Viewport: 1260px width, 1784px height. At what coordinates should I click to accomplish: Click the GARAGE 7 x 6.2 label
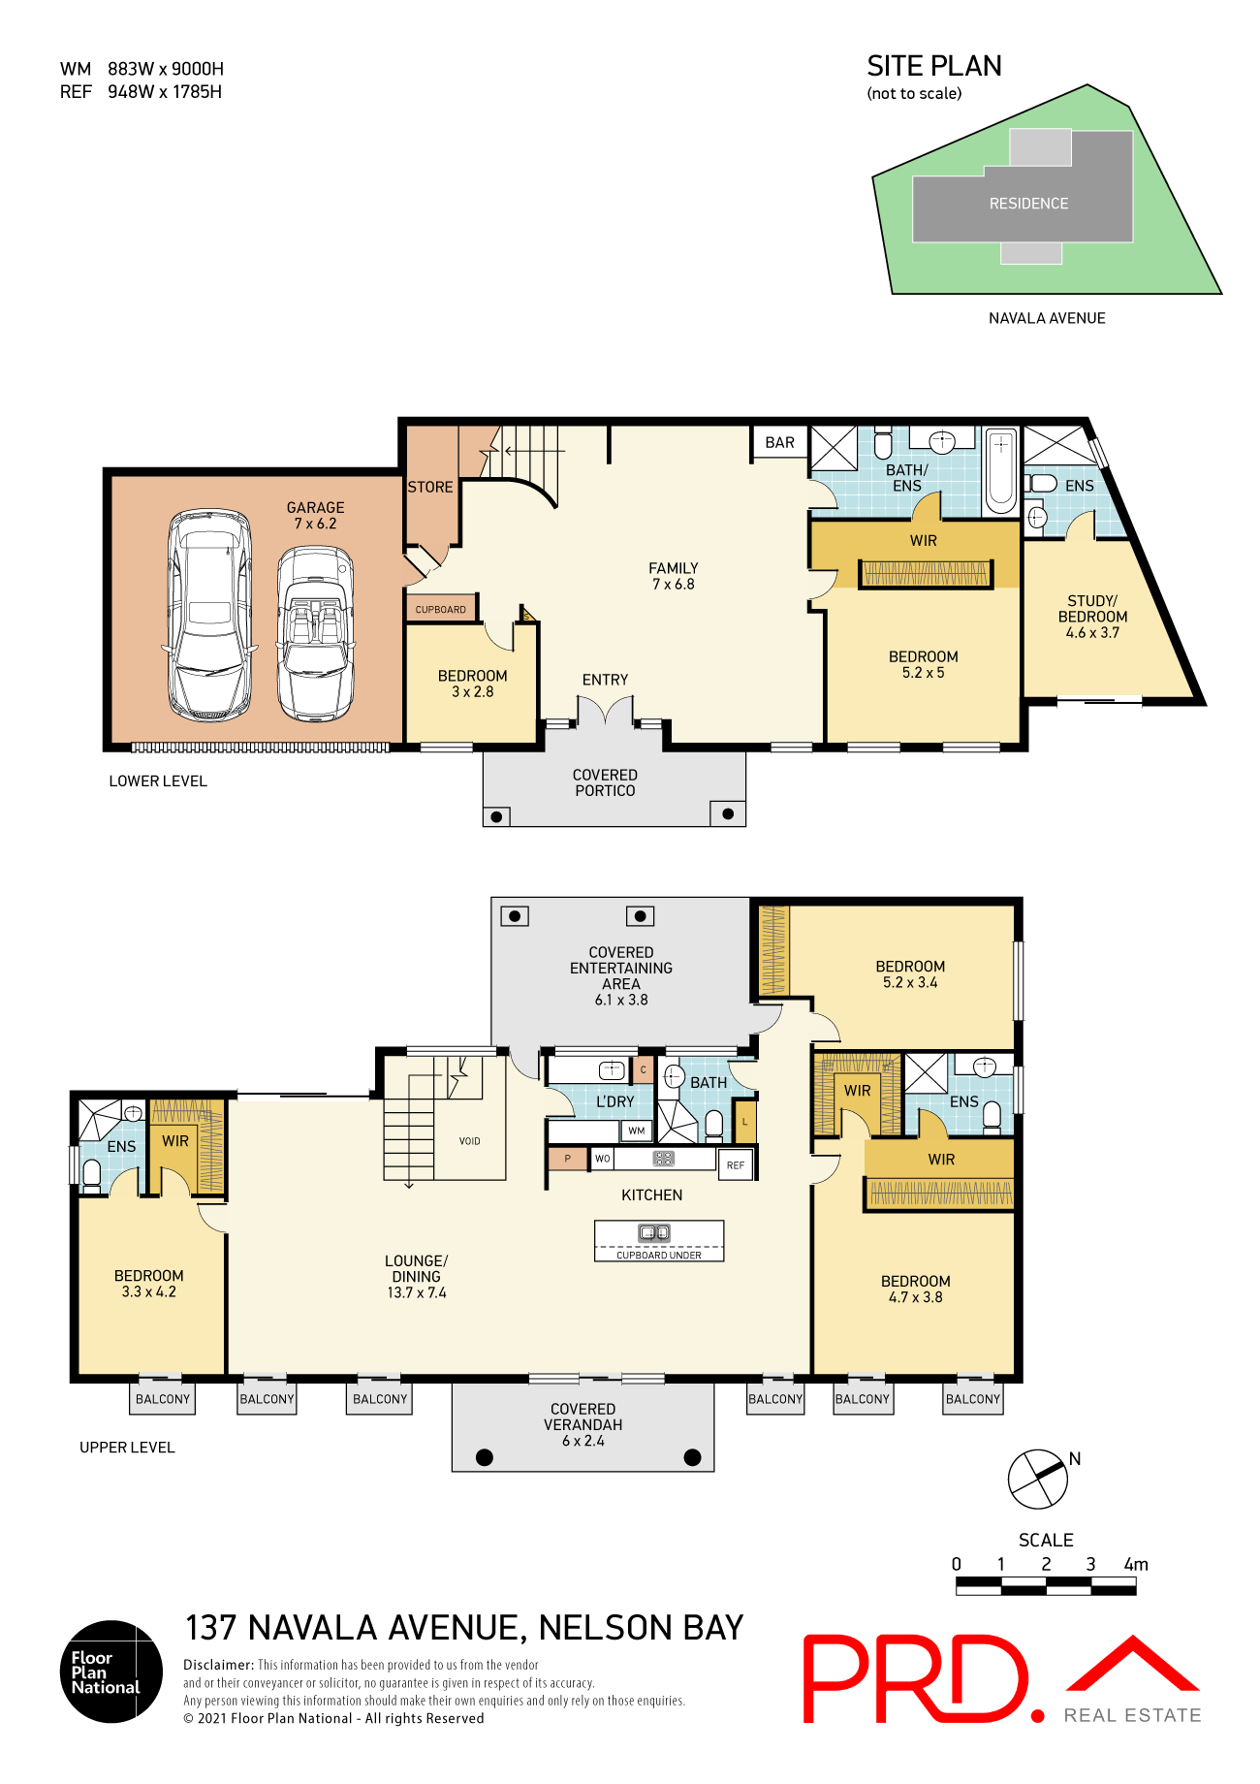pyautogui.click(x=315, y=515)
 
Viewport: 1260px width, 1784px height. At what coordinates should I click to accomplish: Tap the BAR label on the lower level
pyautogui.click(x=779, y=442)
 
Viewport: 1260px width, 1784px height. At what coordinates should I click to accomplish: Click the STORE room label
pyautogui.click(x=429, y=487)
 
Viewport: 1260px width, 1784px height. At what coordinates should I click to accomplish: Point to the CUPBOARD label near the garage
pyautogui.click(x=441, y=609)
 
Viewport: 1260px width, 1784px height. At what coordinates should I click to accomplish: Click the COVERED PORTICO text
pyautogui.click(x=605, y=782)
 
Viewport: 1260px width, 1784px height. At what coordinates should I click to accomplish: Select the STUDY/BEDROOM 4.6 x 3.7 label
pyautogui.click(x=1092, y=617)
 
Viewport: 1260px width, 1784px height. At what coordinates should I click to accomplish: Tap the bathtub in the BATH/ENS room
pyautogui.click(x=1000, y=472)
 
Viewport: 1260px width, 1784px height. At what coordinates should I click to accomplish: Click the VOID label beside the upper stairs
pyautogui.click(x=470, y=1141)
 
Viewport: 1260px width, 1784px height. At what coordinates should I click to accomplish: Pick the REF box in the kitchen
pyautogui.click(x=736, y=1164)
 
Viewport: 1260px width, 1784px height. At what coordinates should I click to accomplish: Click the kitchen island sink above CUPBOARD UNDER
pyautogui.click(x=654, y=1233)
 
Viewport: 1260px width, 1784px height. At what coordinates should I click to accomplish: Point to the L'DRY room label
pyautogui.click(x=614, y=1101)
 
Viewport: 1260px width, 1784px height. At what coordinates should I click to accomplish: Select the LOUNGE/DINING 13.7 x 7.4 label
pyautogui.click(x=417, y=1276)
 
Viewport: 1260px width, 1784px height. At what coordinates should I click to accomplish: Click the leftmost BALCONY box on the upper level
pyautogui.click(x=163, y=1399)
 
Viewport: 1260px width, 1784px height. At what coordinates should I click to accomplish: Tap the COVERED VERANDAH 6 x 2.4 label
pyautogui.click(x=583, y=1424)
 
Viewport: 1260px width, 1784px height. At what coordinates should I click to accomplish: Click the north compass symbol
pyautogui.click(x=1038, y=1479)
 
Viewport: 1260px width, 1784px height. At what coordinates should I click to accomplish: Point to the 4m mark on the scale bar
pyautogui.click(x=1136, y=1564)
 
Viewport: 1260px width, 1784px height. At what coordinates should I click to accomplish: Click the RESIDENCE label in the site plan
pyautogui.click(x=1028, y=204)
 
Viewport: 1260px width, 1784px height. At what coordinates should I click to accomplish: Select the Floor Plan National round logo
pyautogui.click(x=111, y=1672)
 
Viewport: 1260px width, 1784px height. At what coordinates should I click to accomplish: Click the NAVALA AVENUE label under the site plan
pyautogui.click(x=1047, y=318)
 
